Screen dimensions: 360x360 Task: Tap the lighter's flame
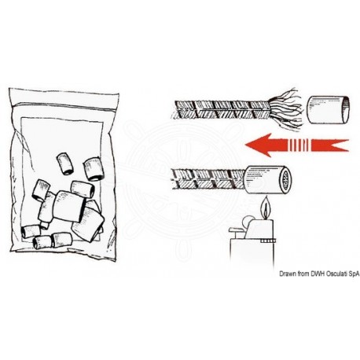pos(268,208)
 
